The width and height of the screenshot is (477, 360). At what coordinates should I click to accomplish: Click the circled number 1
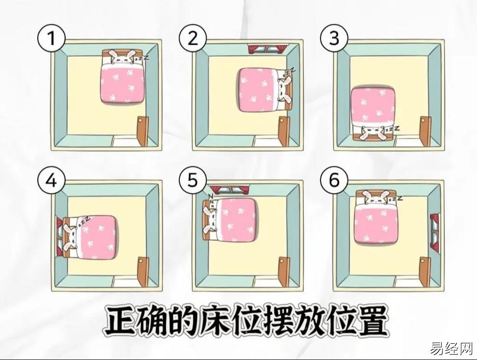(52, 39)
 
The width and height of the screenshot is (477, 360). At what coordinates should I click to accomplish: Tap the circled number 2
(192, 39)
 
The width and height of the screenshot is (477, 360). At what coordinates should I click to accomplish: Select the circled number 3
(334, 39)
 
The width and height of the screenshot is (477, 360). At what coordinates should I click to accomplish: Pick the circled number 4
(52, 181)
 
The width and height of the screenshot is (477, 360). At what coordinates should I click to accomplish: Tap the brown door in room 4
(142, 272)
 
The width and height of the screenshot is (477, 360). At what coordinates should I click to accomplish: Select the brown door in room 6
(425, 272)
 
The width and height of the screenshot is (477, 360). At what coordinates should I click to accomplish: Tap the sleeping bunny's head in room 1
(122, 57)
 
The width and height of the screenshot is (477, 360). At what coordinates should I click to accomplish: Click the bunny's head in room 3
(372, 132)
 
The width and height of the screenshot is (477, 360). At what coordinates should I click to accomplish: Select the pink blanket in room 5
(237, 219)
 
